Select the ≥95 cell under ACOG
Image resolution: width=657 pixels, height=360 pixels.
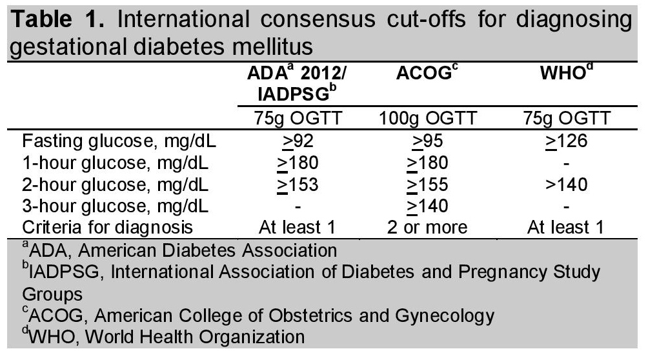point(427,141)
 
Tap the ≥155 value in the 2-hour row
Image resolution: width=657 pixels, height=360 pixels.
point(427,184)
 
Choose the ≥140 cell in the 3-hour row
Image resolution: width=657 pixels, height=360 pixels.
point(427,205)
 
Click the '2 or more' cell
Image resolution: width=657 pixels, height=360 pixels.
point(427,227)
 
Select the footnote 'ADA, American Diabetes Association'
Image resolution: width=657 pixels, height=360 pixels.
point(172,250)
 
